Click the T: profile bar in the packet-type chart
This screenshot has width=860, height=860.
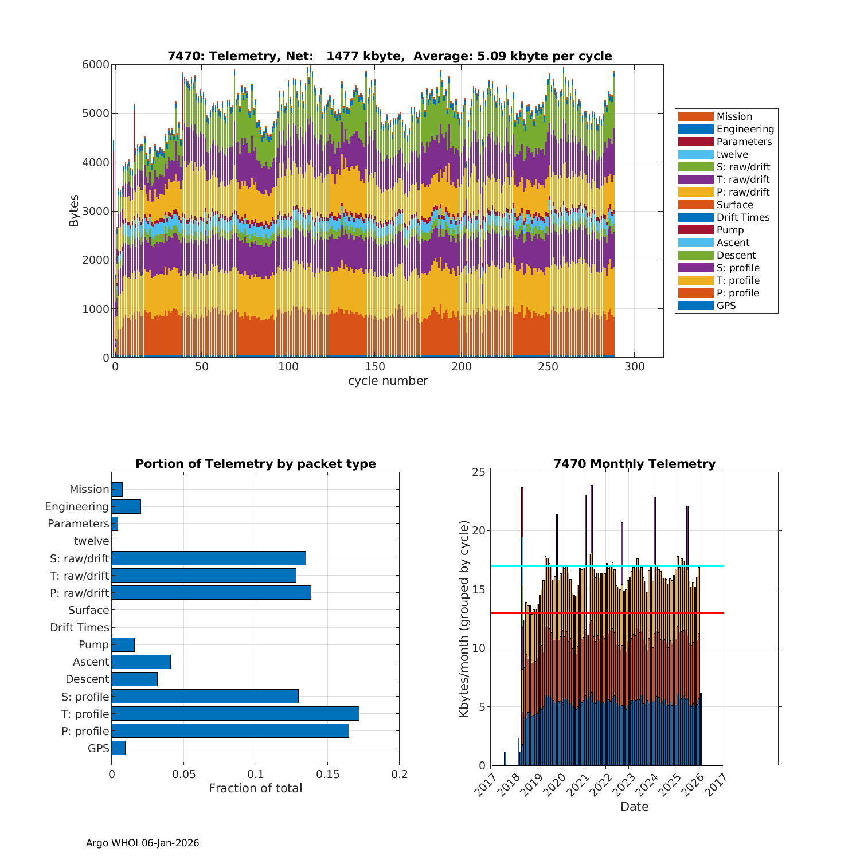(235, 714)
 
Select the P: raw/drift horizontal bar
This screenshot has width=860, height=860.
(211, 593)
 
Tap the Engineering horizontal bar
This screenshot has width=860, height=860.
(126, 506)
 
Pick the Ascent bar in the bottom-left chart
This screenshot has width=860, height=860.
(141, 662)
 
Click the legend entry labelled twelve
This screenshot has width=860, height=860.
(732, 154)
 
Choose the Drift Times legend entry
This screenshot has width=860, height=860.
(742, 217)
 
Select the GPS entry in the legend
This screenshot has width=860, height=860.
(726, 306)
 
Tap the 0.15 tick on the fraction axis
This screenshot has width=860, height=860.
(327, 774)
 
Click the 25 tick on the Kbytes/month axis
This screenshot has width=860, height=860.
(478, 472)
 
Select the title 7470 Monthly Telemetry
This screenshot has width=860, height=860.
(634, 464)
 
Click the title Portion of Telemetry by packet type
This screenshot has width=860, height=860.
(255, 464)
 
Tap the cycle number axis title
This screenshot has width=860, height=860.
(388, 381)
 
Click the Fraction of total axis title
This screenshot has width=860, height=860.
(255, 788)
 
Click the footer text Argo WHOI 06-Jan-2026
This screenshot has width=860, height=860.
(142, 843)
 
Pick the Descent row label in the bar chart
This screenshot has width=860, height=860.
(87, 679)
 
